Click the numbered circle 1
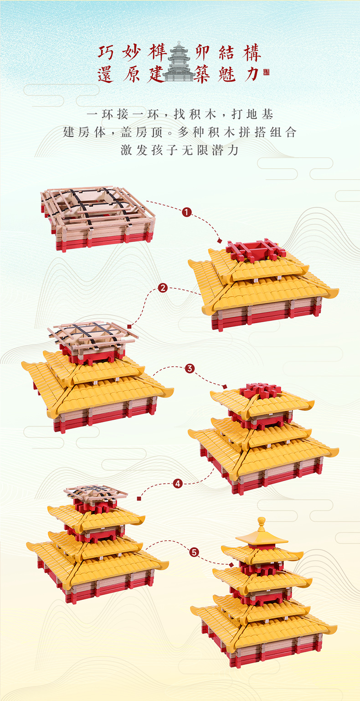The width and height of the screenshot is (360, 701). [186, 212]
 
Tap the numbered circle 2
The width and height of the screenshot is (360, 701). [163, 288]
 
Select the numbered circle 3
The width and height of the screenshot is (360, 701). [190, 369]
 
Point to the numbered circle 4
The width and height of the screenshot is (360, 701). [178, 484]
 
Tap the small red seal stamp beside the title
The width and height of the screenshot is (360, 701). [266, 72]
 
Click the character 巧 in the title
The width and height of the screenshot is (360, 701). [106, 52]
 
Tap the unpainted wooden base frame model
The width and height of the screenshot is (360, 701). [98, 217]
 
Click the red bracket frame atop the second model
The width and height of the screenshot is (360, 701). [256, 250]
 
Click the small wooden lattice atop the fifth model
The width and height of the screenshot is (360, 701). [95, 494]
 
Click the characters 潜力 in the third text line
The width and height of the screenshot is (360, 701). [226, 150]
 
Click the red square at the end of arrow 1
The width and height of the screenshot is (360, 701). [220, 241]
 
